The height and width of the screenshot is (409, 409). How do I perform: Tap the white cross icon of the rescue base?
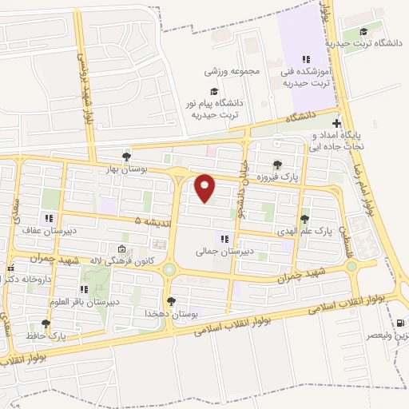click(x=337, y=124)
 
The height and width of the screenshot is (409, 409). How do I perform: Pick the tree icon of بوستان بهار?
click(x=126, y=157)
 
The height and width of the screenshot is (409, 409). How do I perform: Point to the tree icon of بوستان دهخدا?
click(x=171, y=301)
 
